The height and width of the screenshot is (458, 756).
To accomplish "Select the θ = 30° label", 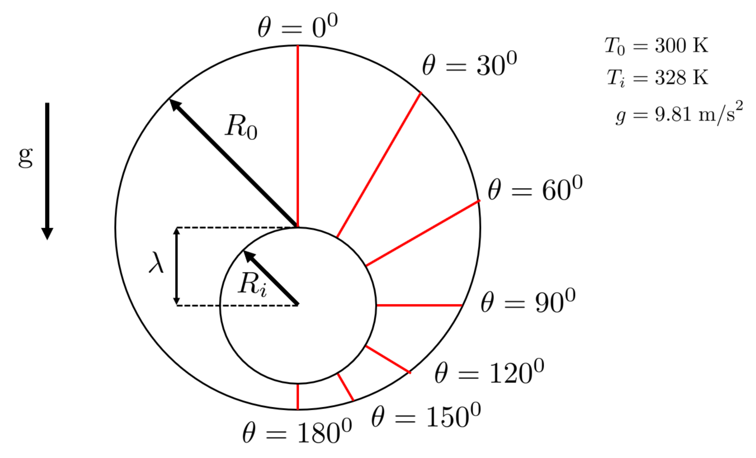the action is click(x=469, y=65).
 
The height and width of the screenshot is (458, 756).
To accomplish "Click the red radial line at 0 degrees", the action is click(x=298, y=136).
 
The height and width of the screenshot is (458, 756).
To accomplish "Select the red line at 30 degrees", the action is click(x=379, y=164).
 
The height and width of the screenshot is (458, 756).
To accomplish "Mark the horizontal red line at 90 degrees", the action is click(x=419, y=305).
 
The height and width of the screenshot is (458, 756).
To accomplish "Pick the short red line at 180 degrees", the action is click(x=298, y=396).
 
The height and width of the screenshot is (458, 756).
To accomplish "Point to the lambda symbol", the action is click(x=157, y=262).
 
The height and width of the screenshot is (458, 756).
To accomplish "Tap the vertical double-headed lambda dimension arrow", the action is click(x=177, y=266).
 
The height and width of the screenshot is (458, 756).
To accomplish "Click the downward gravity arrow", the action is click(x=47, y=170).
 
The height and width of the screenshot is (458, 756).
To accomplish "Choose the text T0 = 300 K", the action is click(x=656, y=46).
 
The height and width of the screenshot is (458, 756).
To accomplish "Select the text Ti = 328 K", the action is click(x=657, y=78).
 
